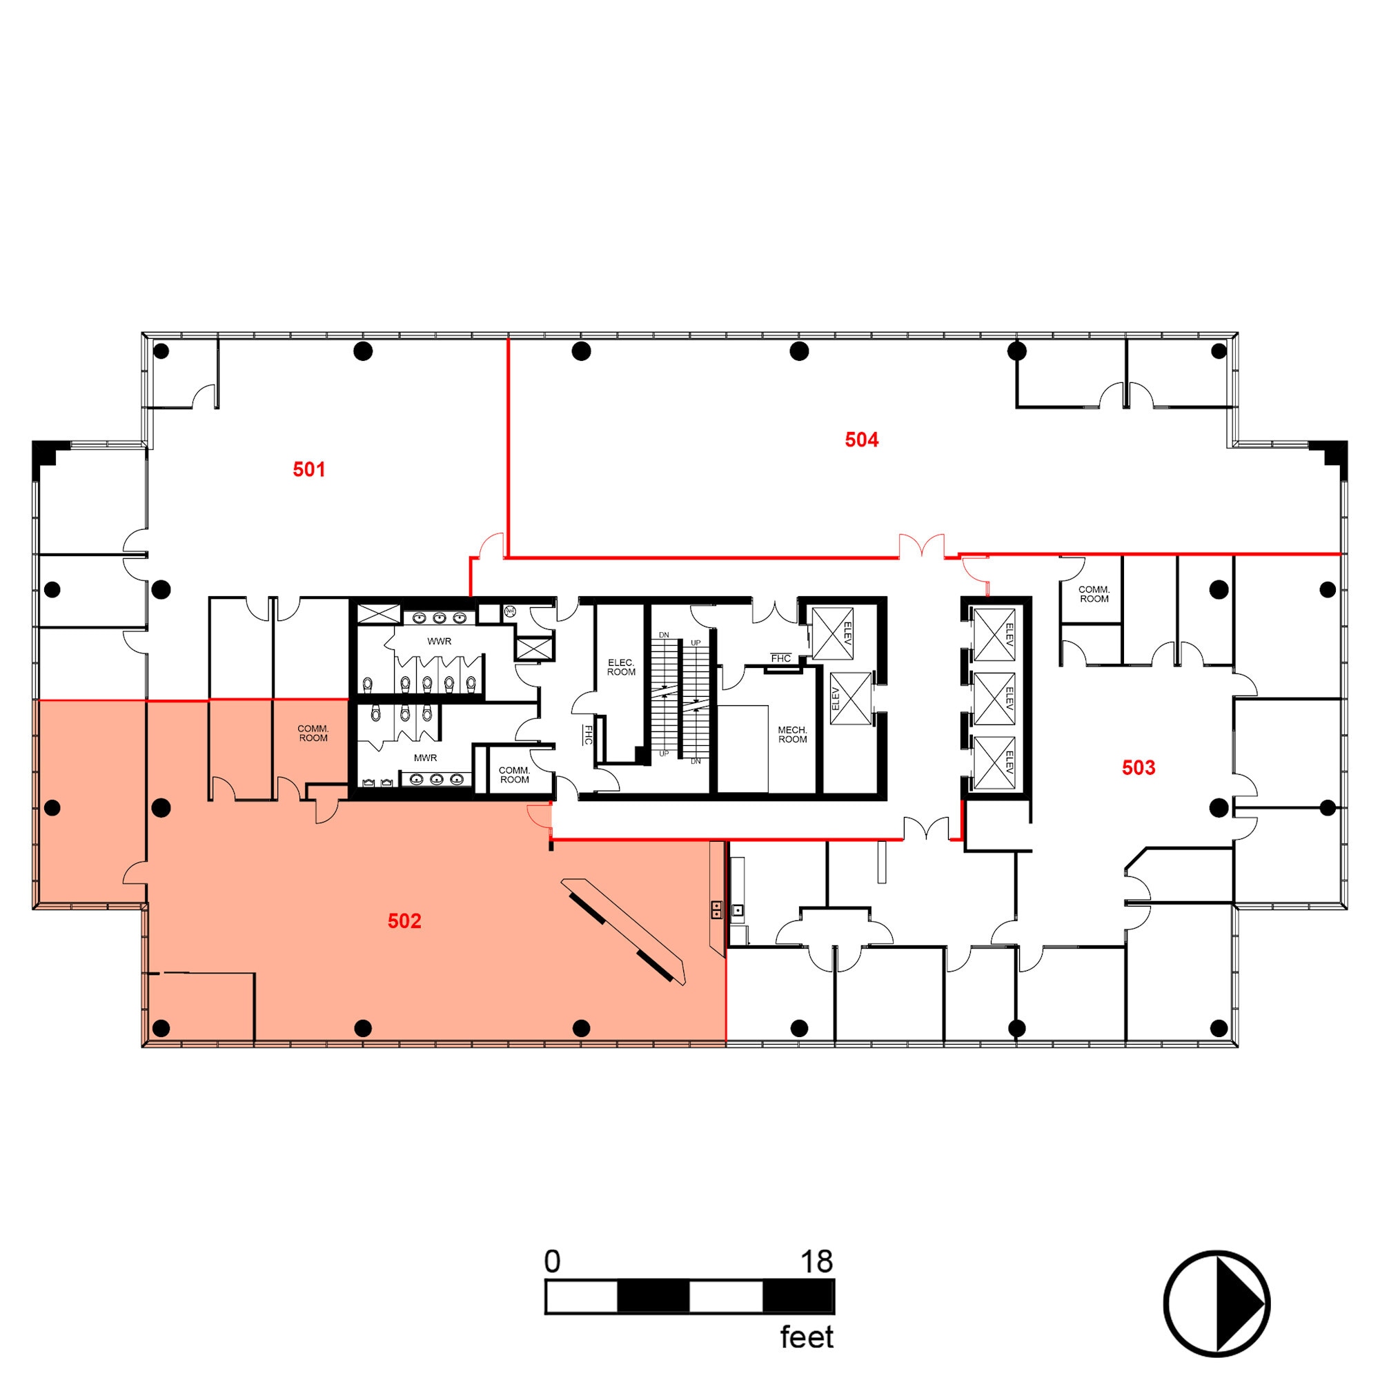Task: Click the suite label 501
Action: [x=308, y=469]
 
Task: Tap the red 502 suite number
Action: [x=404, y=920]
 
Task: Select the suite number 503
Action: [x=1138, y=767]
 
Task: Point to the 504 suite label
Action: [x=861, y=440]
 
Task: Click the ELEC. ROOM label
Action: [x=621, y=667]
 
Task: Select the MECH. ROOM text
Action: [x=792, y=734]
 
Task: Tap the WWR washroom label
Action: [x=440, y=642]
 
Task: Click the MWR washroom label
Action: [x=425, y=758]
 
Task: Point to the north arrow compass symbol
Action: [x=1216, y=1303]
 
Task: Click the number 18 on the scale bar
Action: [x=816, y=1262]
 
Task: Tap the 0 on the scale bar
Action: [x=552, y=1262]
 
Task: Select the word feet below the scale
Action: [x=807, y=1337]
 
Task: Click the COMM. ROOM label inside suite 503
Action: [x=1094, y=594]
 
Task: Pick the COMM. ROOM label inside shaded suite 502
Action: [x=313, y=733]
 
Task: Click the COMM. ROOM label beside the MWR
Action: [x=514, y=775]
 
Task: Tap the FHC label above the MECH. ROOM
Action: [x=780, y=658]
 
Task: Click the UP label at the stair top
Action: [x=696, y=643]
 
